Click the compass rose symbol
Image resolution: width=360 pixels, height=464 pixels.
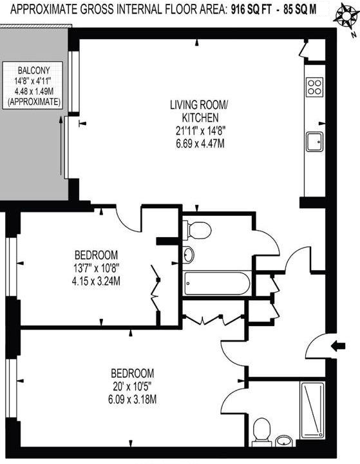point(345,17)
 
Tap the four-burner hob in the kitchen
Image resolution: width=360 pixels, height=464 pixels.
point(314,87)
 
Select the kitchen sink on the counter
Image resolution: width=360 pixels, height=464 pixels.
point(314,142)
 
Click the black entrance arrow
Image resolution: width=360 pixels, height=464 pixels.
point(338,345)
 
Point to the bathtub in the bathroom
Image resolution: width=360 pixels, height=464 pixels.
point(216,284)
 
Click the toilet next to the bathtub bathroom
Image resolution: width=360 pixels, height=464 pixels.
point(196,229)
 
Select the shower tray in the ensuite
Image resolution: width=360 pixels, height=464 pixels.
point(312,410)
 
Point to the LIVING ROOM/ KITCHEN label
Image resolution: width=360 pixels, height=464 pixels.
point(199,111)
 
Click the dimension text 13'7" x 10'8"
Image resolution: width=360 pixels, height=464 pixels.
point(97,268)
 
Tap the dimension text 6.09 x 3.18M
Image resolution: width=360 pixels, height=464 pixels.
point(132,400)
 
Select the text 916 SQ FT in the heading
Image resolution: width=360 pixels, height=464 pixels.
point(251,10)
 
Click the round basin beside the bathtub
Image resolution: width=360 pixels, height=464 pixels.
point(189,255)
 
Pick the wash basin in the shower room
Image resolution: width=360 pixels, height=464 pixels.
point(284,441)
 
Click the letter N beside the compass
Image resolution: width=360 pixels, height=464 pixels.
point(353,35)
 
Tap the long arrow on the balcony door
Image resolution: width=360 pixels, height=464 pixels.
point(61,146)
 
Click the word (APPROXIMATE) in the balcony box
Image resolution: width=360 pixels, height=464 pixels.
point(34,102)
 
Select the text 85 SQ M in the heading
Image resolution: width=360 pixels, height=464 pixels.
point(299,10)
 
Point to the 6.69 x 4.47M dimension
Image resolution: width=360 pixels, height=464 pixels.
point(200,144)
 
